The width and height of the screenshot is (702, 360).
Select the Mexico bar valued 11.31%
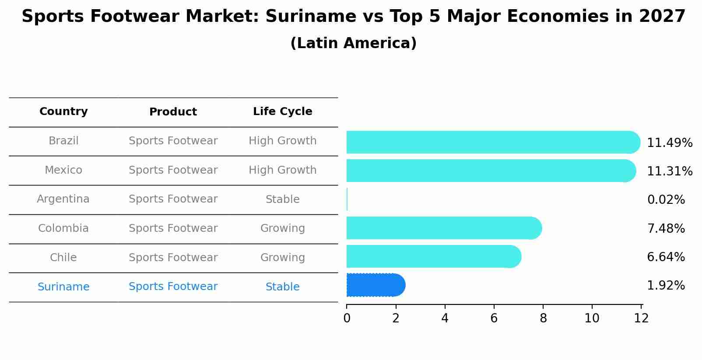point(490,171)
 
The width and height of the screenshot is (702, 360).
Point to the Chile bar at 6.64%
point(433,256)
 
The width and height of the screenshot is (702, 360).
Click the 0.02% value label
point(666,200)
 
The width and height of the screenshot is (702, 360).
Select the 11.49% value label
point(669,143)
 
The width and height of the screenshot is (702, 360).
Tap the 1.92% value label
point(666,286)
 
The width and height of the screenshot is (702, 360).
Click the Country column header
point(63,112)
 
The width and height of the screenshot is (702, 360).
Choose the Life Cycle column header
point(282,112)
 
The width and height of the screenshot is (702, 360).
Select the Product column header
point(173,112)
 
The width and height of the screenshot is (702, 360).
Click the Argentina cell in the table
point(63,199)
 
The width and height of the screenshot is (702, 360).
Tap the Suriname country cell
point(63,287)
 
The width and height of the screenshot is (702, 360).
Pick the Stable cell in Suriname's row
point(282,287)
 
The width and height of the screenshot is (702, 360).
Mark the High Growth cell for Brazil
point(282,141)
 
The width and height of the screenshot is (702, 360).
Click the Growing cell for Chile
point(282,258)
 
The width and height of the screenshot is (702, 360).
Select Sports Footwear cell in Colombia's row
point(173,228)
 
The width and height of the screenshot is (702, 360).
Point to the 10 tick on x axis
point(592,318)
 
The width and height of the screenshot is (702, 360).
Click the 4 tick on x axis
point(445,318)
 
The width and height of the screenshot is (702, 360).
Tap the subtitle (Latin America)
point(353,43)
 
